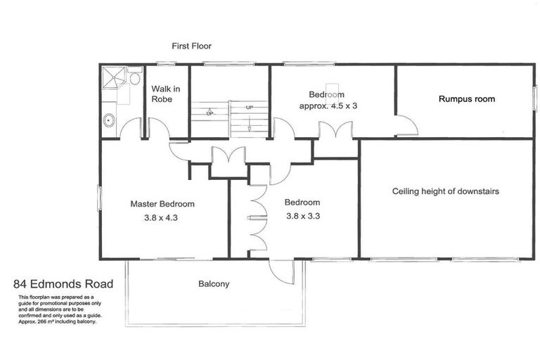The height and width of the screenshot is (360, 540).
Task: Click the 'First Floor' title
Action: pyautogui.click(x=191, y=46)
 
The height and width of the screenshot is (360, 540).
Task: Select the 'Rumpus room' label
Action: pyautogui.click(x=466, y=99)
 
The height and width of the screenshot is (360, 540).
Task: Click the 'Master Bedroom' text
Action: pyautogui.click(x=162, y=204)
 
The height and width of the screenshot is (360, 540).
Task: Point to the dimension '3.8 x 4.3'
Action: pyautogui.click(x=162, y=218)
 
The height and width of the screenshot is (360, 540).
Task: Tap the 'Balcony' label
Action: pyautogui.click(x=214, y=285)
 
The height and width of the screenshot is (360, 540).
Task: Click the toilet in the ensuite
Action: pyautogui.click(x=135, y=77)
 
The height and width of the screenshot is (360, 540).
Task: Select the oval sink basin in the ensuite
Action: pyautogui.click(x=108, y=121)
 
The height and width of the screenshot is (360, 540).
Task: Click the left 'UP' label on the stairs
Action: pyautogui.click(x=210, y=112)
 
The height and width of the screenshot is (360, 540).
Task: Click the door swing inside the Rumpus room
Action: pyautogui.click(x=406, y=125)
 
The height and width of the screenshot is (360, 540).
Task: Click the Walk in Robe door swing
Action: pyautogui.click(x=157, y=128)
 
